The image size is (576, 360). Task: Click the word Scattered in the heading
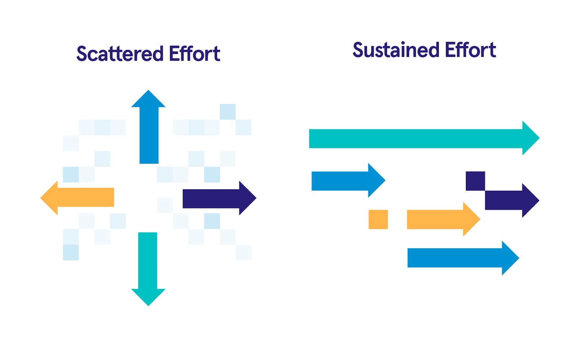120,54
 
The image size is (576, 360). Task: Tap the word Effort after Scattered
194,54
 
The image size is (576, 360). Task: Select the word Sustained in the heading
396,50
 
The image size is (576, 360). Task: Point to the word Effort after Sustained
470,50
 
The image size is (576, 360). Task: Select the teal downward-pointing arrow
148,266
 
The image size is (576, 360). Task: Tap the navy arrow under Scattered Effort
216,198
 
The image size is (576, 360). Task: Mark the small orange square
378,219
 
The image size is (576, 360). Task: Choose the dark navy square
475,181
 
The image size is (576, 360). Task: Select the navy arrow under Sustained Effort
511,200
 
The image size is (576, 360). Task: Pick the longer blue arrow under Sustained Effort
461,258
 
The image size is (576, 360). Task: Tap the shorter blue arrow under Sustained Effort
346,181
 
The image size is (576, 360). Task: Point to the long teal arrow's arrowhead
530,138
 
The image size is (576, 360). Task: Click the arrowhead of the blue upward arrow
148,100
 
